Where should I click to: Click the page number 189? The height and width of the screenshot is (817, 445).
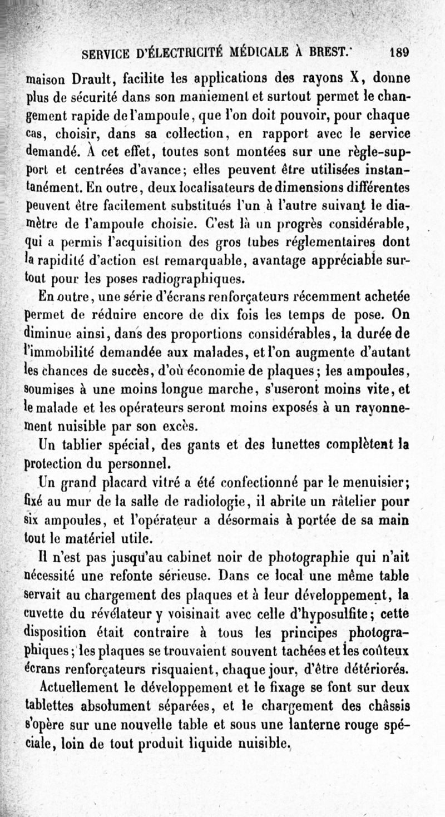pos(399,53)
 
